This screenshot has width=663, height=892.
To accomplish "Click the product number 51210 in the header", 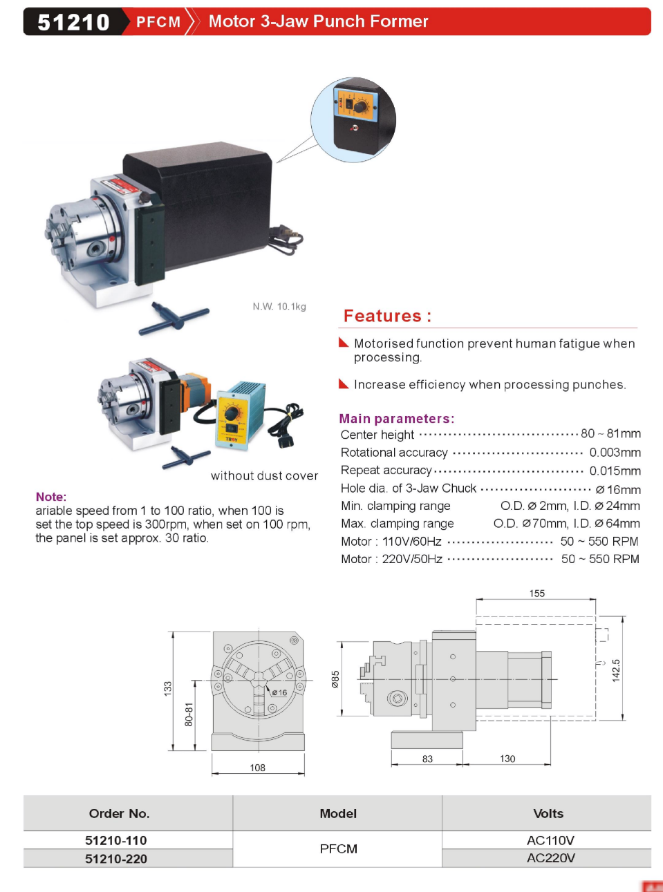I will click(x=73, y=22).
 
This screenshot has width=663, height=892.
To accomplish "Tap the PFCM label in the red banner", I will click(x=158, y=22).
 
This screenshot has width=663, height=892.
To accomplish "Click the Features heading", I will click(x=387, y=316).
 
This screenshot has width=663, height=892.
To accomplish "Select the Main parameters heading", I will click(x=396, y=418).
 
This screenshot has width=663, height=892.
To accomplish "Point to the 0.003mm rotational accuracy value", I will click(x=615, y=453).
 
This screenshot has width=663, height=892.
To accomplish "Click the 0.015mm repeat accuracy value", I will click(x=615, y=471).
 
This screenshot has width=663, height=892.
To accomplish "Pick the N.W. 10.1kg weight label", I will click(x=279, y=306).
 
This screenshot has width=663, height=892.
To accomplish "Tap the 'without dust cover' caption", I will click(x=264, y=475).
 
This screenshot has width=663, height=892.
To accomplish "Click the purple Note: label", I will click(x=51, y=497).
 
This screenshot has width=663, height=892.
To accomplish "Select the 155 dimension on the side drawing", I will click(x=536, y=594).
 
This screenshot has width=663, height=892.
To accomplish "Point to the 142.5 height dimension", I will click(x=616, y=670).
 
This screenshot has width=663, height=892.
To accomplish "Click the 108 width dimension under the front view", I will click(x=257, y=768).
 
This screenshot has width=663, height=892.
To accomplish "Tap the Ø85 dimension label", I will click(x=335, y=679).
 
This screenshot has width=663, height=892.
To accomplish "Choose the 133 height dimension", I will click(x=167, y=688).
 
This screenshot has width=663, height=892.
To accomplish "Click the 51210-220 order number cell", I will click(x=116, y=859).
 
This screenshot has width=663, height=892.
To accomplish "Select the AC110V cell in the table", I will click(x=550, y=840).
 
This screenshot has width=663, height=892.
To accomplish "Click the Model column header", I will click(x=338, y=813).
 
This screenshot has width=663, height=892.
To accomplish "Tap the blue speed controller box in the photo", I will click(x=239, y=415).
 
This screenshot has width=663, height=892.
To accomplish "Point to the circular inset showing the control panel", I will click(x=353, y=120).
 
